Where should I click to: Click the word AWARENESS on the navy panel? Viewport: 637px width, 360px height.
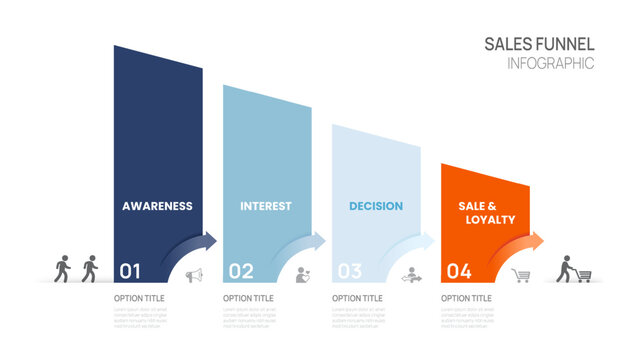point(157,206)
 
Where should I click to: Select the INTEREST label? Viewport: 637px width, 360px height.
point(266,206)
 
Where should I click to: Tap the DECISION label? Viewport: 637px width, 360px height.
point(376,206)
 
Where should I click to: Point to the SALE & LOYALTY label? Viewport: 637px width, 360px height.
point(487,212)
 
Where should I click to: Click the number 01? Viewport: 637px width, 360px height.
point(130,270)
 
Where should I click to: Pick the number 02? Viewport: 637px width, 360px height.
point(241,270)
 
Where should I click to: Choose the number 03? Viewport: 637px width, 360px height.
point(349,270)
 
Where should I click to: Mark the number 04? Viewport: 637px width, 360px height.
point(459,270)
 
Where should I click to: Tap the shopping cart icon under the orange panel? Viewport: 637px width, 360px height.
point(520,275)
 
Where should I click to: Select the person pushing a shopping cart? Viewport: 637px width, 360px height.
point(573,270)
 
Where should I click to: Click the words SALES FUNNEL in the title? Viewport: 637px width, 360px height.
point(539,44)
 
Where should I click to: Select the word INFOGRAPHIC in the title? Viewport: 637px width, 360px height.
point(551,63)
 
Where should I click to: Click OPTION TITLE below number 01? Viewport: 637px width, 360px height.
point(139,298)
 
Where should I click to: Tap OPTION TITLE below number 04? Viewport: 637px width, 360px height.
point(467,298)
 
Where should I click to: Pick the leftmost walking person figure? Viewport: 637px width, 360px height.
point(63,268)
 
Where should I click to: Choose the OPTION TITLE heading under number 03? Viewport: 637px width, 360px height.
point(358,298)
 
